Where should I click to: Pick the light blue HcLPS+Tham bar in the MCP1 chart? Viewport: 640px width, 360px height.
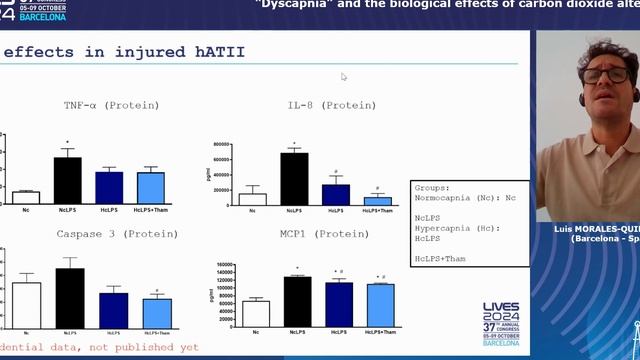pyautogui.click(x=380, y=306)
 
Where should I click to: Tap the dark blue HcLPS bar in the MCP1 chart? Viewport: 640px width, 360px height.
pyautogui.click(x=339, y=305)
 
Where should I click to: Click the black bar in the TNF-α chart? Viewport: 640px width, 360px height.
pyautogui.click(x=67, y=181)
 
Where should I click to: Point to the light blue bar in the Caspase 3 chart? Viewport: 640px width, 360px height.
pyautogui.click(x=157, y=313)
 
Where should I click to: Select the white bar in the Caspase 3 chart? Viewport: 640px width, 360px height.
pyautogui.click(x=26, y=305)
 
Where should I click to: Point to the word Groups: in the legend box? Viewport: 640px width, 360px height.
pyautogui.click(x=433, y=187)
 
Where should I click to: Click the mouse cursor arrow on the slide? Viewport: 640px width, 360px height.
pyautogui.click(x=343, y=76)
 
